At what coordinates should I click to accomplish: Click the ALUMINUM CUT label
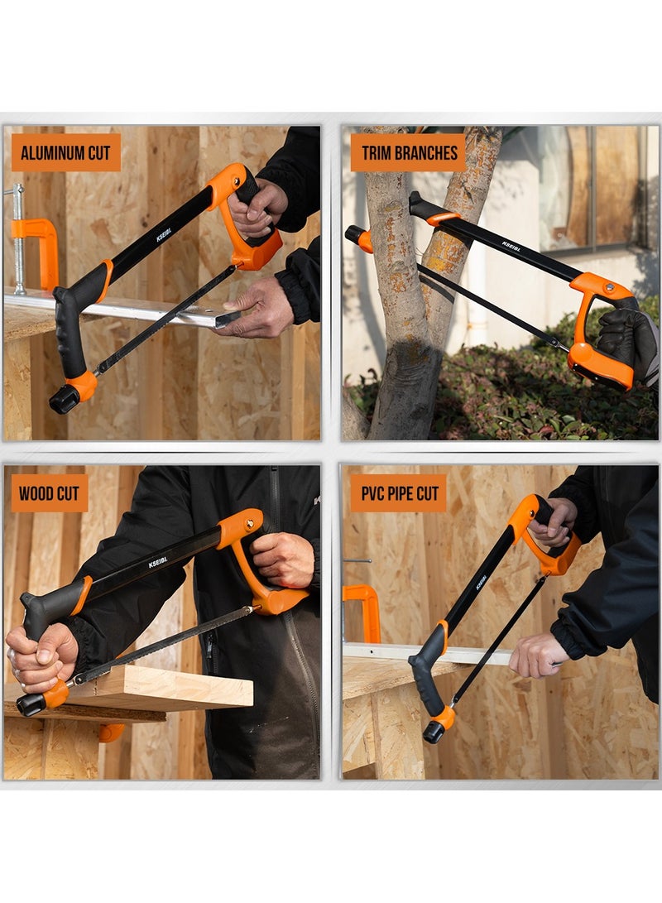click(x=66, y=152)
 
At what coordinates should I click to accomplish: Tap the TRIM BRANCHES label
click(x=408, y=152)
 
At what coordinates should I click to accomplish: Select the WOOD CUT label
click(x=50, y=493)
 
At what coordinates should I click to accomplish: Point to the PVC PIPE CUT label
click(x=399, y=493)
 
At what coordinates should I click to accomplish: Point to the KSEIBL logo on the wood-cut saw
click(x=158, y=562)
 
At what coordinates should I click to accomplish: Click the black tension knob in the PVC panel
click(x=434, y=732)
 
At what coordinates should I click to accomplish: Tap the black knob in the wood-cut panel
click(x=31, y=704)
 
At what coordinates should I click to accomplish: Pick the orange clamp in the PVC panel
click(x=362, y=612)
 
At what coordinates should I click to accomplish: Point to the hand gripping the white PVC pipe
click(x=538, y=656)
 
